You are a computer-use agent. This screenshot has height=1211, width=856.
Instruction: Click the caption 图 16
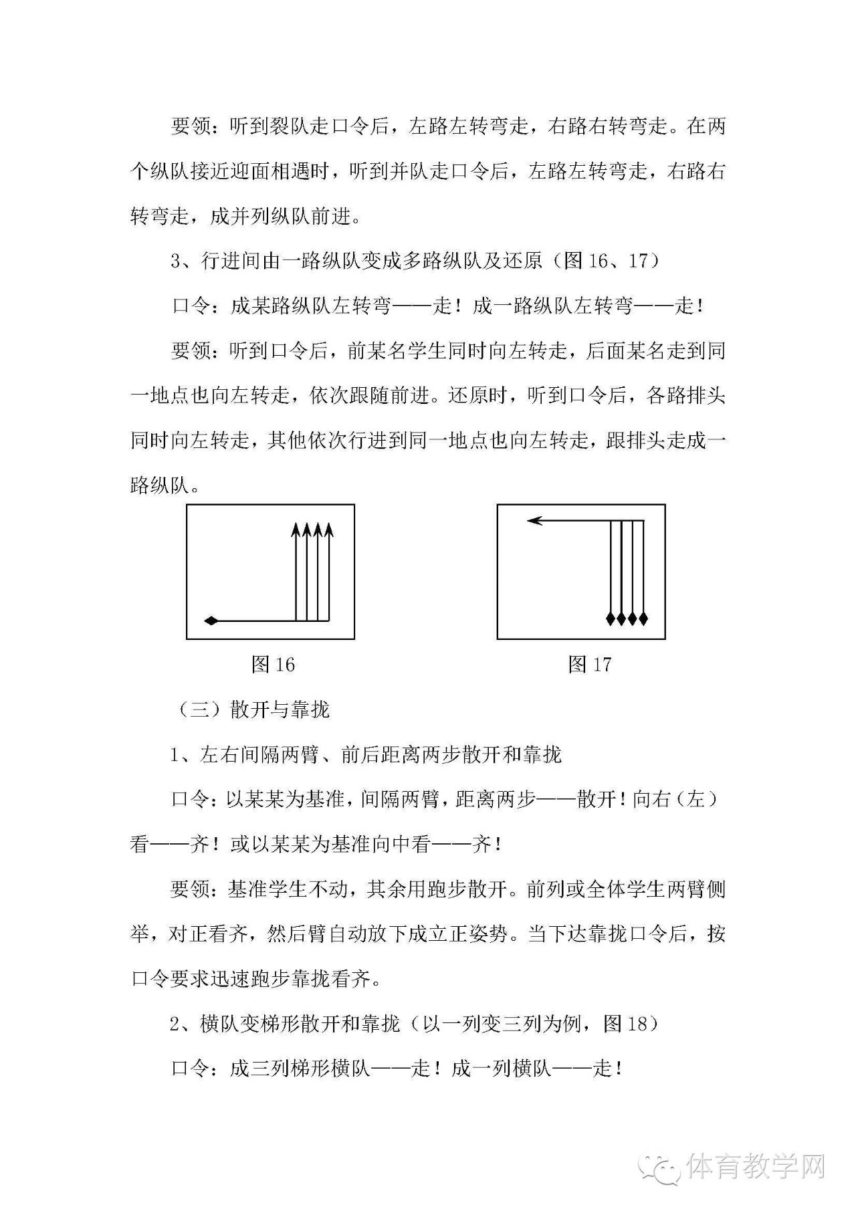pyautogui.click(x=273, y=664)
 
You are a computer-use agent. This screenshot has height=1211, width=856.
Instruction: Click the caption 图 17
pyautogui.click(x=589, y=664)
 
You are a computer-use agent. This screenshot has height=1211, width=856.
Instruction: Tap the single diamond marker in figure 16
pyautogui.click(x=211, y=621)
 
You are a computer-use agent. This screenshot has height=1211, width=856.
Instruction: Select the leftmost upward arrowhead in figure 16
pyautogui.click(x=296, y=530)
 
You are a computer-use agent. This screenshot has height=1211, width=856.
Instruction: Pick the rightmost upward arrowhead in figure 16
pyautogui.click(x=328, y=530)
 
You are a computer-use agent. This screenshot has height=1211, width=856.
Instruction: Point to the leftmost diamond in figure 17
pyautogui.click(x=611, y=618)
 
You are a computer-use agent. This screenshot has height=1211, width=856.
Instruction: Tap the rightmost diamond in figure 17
pyautogui.click(x=643, y=618)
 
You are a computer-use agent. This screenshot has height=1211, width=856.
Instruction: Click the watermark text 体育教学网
pyautogui.click(x=756, y=1167)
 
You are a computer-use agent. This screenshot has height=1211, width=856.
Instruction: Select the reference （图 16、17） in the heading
pyautogui.click(x=605, y=260)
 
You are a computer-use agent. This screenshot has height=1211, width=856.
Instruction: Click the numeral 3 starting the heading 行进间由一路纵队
pyautogui.click(x=176, y=261)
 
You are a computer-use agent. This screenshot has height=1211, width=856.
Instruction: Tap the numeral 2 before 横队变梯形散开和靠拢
pyautogui.click(x=176, y=1024)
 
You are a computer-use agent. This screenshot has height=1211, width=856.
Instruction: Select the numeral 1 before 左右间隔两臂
pyautogui.click(x=176, y=755)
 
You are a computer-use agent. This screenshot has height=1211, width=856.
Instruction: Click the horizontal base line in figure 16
pyautogui.click(x=267, y=621)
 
